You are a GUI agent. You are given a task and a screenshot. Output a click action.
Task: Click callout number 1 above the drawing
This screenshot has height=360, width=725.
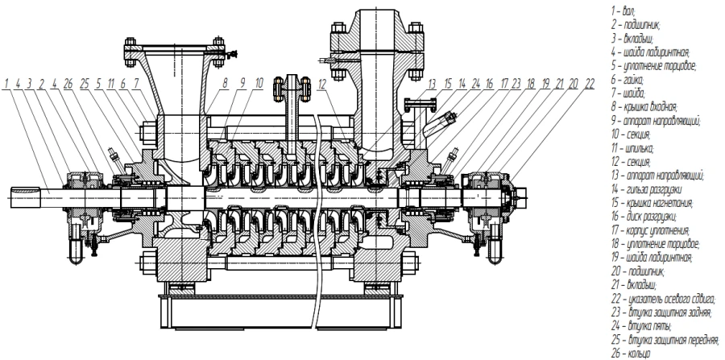[x=6, y=82]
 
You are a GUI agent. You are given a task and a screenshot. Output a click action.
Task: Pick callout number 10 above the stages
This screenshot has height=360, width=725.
[x=259, y=82]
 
